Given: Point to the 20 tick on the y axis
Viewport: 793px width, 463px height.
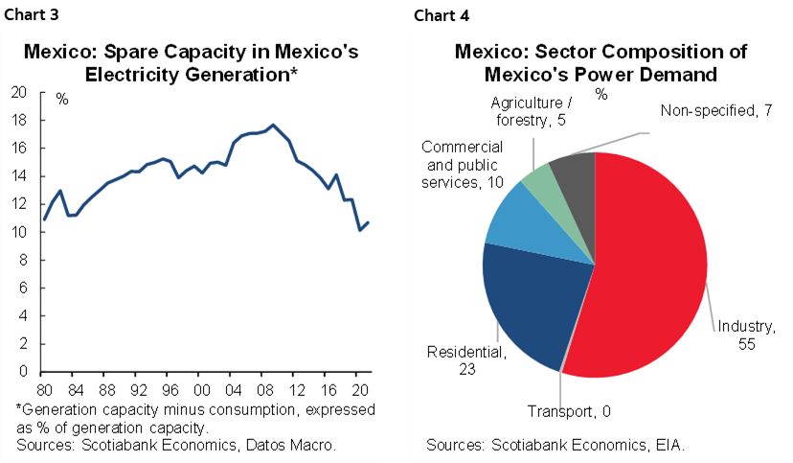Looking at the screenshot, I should click(x=17, y=93).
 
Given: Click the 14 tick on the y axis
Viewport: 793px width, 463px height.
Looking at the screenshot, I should click(x=17, y=176).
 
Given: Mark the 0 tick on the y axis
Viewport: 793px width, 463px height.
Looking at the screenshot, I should click(x=21, y=371).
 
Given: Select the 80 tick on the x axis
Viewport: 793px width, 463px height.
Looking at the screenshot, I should click(x=44, y=390).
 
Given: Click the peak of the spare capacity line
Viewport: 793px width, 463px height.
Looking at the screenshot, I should click(x=273, y=125).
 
